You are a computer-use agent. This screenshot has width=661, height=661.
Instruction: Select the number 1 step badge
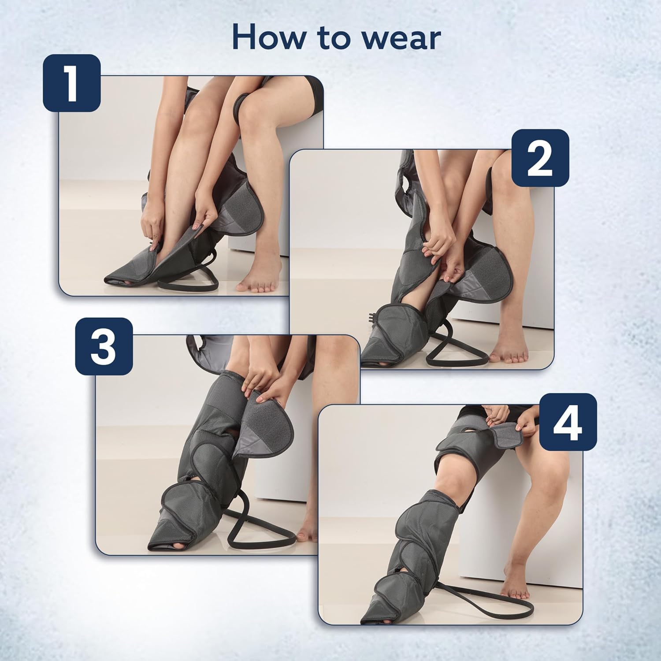(72, 83)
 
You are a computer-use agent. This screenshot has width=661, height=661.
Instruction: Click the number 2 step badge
(540, 158)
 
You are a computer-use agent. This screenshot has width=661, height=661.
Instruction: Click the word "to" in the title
(330, 39)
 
